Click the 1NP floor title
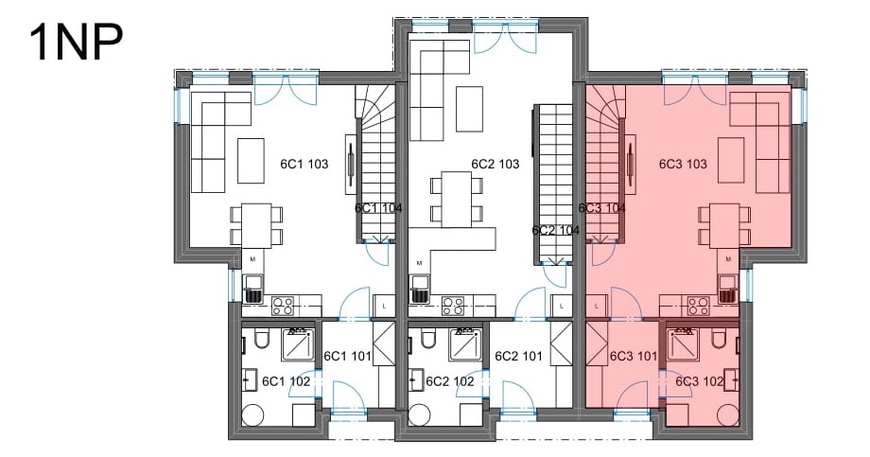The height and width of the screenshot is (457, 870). [76, 43]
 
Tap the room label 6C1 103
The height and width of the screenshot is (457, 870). [304, 165]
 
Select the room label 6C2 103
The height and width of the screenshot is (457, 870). [496, 165]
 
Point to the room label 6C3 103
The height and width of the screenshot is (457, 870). [683, 165]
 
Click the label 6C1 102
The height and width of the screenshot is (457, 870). [286, 381]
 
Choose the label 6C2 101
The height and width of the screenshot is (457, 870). [518, 356]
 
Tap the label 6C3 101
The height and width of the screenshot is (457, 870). [633, 356]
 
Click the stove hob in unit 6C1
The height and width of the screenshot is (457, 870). [283, 307]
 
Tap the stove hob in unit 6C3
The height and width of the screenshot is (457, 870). [699, 307]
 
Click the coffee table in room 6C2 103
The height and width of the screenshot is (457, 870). [469, 109]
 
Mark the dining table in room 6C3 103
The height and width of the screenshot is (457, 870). [725, 225]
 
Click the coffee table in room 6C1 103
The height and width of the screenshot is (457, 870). [251, 161]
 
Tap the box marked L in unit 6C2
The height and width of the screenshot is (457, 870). [562, 306]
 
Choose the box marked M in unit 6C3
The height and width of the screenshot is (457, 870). [728, 259]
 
